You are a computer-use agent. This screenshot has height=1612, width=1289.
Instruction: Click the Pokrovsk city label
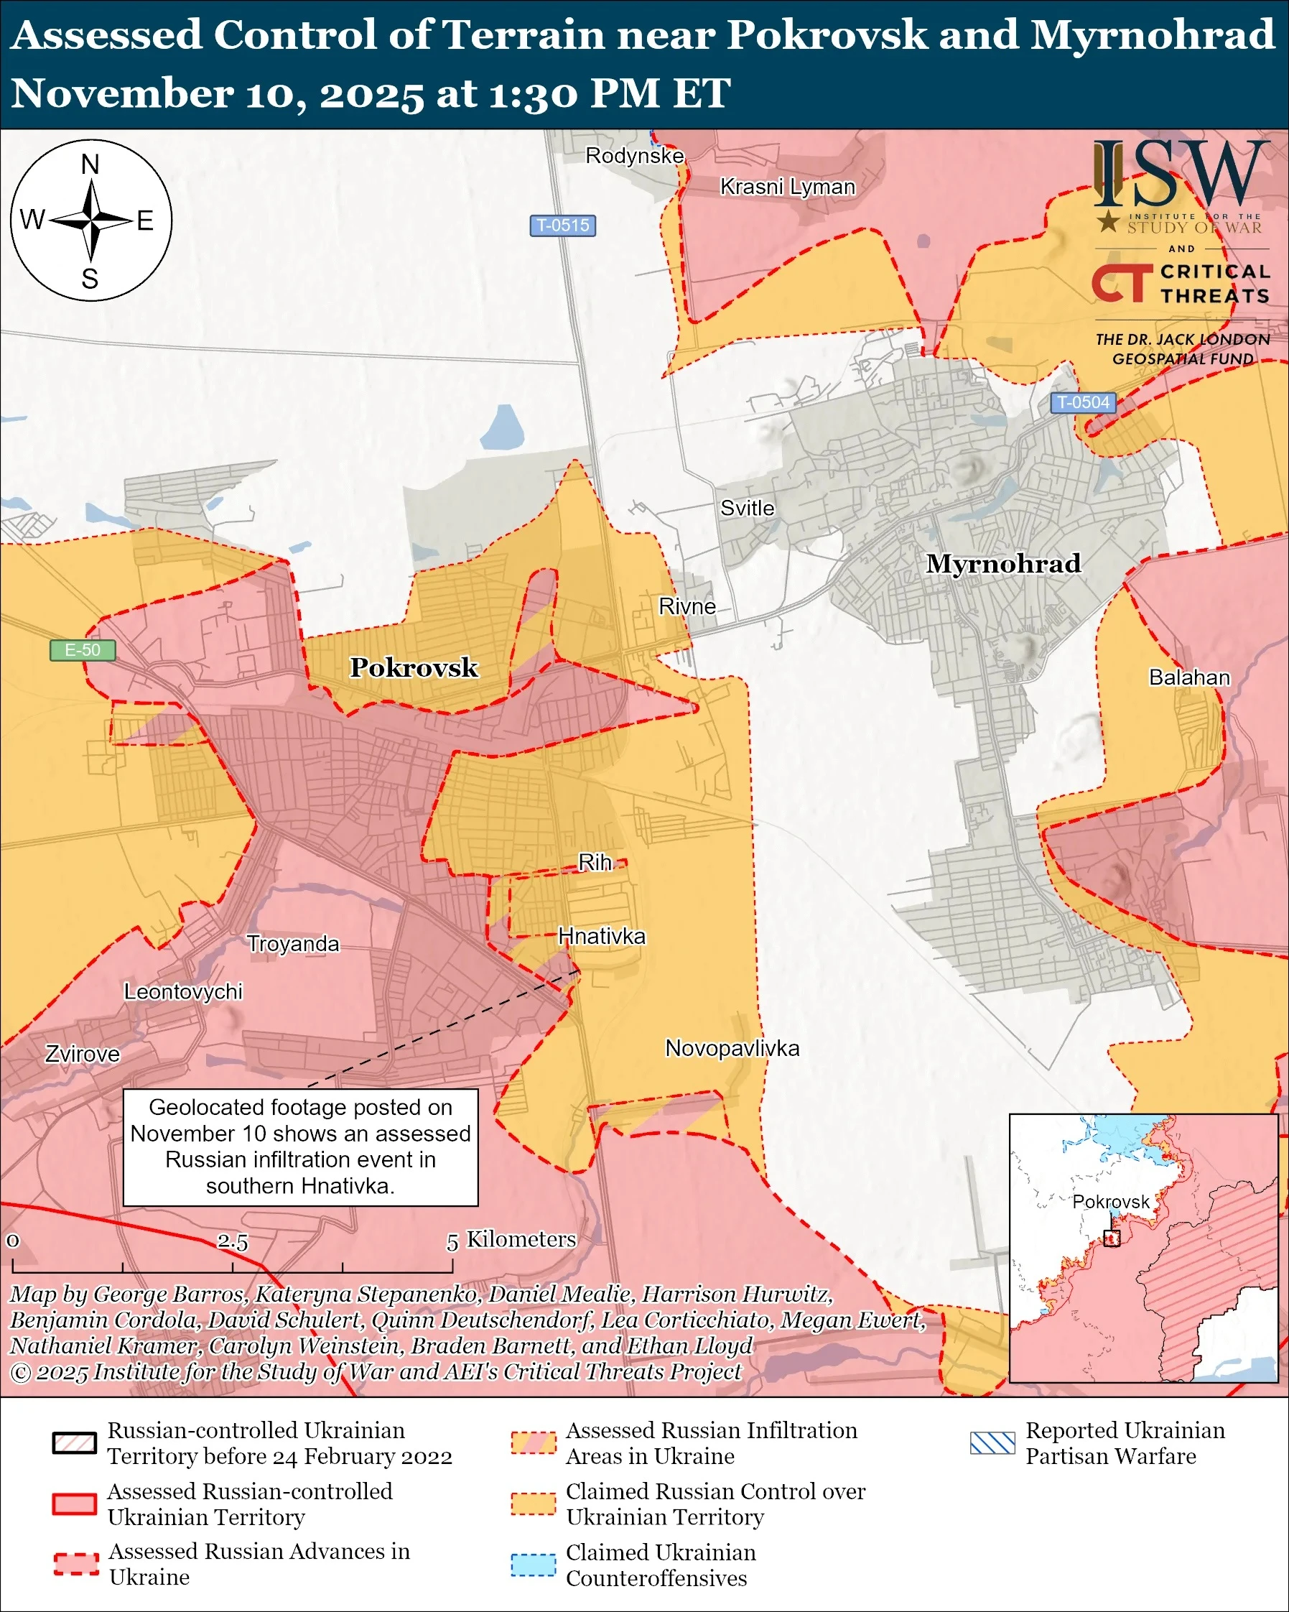tap(414, 667)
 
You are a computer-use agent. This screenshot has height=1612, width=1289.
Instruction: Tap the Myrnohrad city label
tap(1002, 563)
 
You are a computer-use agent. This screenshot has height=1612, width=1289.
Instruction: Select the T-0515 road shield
tap(563, 225)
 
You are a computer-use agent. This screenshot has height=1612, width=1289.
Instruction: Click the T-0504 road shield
tap(1084, 402)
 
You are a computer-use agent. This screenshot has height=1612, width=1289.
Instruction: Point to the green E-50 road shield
tap(82, 649)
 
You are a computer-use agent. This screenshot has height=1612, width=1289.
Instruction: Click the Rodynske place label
tap(634, 155)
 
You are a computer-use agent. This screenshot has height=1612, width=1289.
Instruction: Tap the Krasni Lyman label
tap(787, 187)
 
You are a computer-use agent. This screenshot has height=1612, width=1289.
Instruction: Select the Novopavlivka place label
tap(732, 1048)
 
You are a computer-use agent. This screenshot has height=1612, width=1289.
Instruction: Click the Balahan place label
tap(1189, 677)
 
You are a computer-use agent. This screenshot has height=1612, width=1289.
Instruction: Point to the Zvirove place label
tap(82, 1055)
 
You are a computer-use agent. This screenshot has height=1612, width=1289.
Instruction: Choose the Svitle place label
tap(747, 509)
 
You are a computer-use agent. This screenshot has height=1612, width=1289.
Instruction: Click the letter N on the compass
tap(90, 165)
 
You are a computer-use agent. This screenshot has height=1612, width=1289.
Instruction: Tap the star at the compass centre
tap(90, 221)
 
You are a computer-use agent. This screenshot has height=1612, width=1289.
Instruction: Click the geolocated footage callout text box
tap(300, 1147)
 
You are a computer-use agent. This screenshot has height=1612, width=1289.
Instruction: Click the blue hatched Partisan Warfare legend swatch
tap(992, 1444)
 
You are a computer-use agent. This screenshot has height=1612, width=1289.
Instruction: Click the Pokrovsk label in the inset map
tap(1110, 1202)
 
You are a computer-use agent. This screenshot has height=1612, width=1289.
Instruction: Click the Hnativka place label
tap(602, 936)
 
